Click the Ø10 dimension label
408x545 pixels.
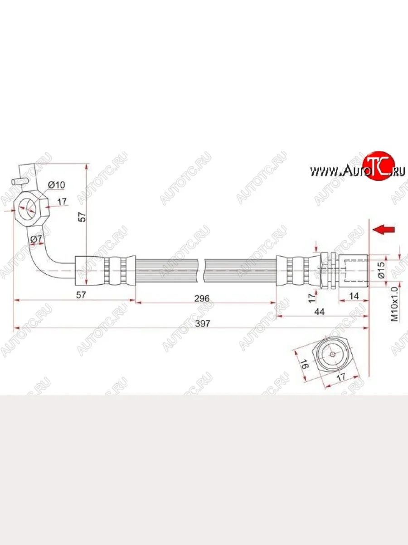pyautogui.click(x=57, y=185)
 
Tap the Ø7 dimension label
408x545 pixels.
pyautogui.click(x=36, y=238)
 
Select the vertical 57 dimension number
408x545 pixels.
pyautogui.click(x=82, y=217)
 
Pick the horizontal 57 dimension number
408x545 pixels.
pyautogui.click(x=81, y=295)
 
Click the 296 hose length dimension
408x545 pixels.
pyautogui.click(x=202, y=298)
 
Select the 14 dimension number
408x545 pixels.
pyautogui.click(x=354, y=296)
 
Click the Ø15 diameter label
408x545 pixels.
pyautogui.click(x=381, y=270)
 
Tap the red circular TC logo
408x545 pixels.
pyautogui.click(x=378, y=165)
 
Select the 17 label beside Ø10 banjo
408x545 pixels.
pyautogui.click(x=62, y=201)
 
